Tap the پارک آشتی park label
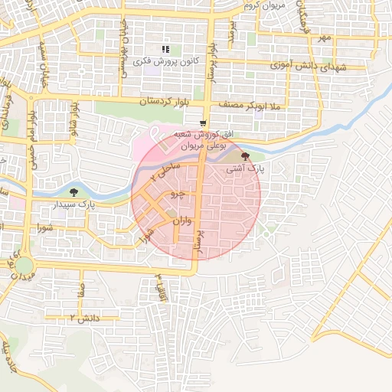point(244,168)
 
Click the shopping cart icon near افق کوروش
point(202,122)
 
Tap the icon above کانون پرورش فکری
point(165,49)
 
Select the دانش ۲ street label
point(83,316)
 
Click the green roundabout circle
point(24,265)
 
